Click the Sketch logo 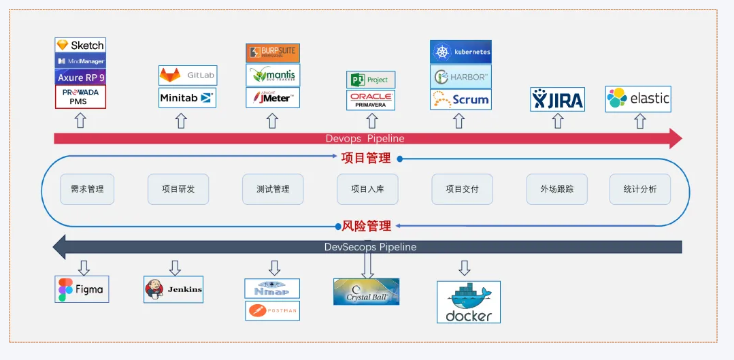tap(80, 45)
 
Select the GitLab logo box tap(188, 75)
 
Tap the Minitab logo tap(188, 98)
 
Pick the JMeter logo tap(272, 98)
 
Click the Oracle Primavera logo tap(371, 100)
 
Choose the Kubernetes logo tap(461, 52)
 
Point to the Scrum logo tap(461, 99)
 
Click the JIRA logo tap(557, 99)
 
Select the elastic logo tap(638, 99)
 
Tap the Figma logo tap(82, 289)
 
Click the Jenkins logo tap(174, 289)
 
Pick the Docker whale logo tap(469, 301)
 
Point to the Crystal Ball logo tap(367, 291)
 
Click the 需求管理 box tap(87, 189)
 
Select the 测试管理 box tap(272, 189)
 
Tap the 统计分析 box tap(640, 189)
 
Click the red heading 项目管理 tap(366, 159)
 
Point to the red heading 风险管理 tap(366, 226)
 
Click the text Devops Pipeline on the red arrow tap(365, 139)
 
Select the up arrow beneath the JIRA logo tap(558, 121)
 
